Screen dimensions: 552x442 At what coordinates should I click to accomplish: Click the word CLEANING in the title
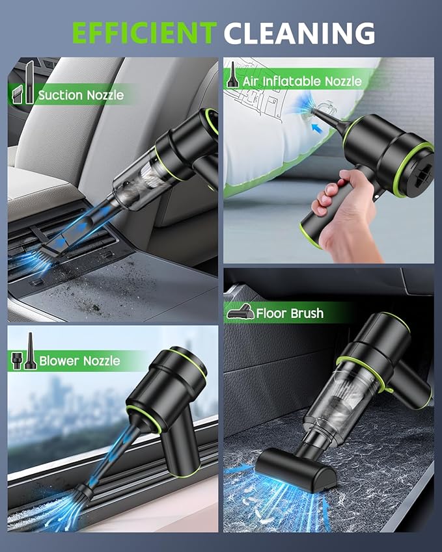click(299, 33)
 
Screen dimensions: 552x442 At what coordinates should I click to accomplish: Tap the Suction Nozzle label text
click(81, 95)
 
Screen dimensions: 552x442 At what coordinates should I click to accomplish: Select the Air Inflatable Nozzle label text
click(302, 81)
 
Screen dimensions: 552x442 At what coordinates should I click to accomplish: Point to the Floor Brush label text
click(290, 313)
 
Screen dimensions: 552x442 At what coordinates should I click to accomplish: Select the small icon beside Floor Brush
click(239, 313)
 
